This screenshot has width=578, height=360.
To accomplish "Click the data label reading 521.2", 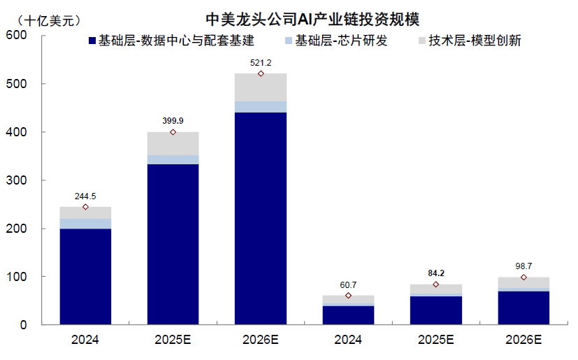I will click(x=261, y=63).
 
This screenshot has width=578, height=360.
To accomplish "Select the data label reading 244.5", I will click(x=85, y=196).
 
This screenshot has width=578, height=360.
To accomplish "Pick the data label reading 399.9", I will click(x=173, y=121).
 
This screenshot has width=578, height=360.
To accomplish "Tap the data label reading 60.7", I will click(x=348, y=285).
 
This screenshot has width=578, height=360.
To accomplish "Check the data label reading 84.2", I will click(x=436, y=273).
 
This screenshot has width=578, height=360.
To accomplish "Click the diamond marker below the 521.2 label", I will click(x=261, y=73).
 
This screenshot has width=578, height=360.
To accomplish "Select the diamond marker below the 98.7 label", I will click(x=523, y=278).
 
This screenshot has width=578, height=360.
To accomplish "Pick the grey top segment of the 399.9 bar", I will click(x=173, y=143).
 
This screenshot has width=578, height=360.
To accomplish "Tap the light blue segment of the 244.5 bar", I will click(x=85, y=224).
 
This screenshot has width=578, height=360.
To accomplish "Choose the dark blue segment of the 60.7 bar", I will click(x=348, y=315).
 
